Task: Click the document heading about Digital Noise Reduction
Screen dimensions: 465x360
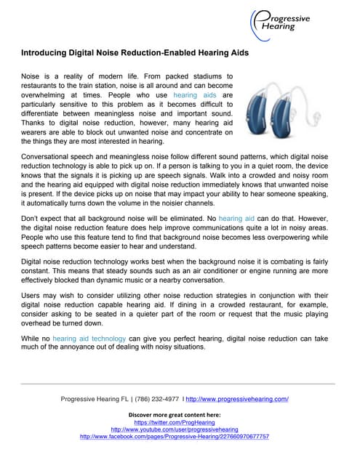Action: pyautogui.click(x=135, y=53)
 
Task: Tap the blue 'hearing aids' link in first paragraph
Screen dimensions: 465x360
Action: pyautogui.click(x=194, y=95)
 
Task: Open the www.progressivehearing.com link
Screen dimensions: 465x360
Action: pyautogui.click(x=238, y=399)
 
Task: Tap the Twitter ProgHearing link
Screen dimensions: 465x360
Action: pyautogui.click(x=174, y=422)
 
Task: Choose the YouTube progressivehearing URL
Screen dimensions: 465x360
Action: pyautogui.click(x=174, y=429)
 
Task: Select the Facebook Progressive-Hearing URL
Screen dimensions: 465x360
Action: pyautogui.click(x=174, y=437)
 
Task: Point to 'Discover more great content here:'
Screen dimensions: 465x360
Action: pyautogui.click(x=174, y=414)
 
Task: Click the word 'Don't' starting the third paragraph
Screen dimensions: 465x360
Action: pyautogui.click(x=30, y=217)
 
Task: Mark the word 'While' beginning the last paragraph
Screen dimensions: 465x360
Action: pyautogui.click(x=31, y=338)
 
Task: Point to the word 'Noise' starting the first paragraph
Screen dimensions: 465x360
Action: pyautogui.click(x=31, y=76)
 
